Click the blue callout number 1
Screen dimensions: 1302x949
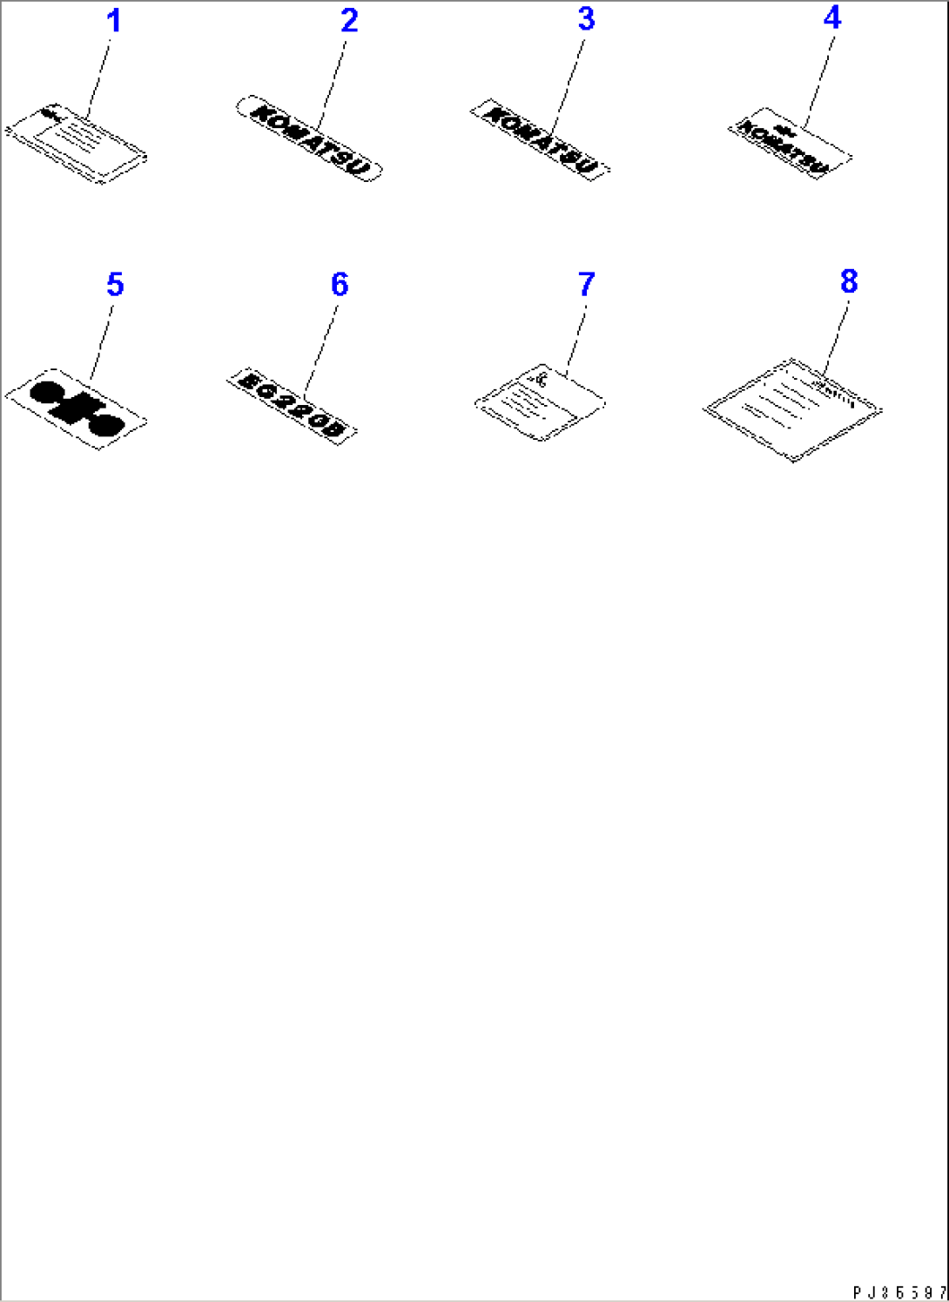(x=114, y=21)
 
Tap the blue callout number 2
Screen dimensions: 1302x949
(x=349, y=21)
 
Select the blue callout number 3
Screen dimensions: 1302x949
(x=587, y=19)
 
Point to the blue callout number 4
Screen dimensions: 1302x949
(x=832, y=17)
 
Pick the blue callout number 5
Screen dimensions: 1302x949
(x=115, y=285)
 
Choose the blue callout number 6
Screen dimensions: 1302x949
(x=340, y=285)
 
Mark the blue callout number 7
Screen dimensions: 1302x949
(x=587, y=285)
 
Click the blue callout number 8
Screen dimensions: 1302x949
(x=849, y=281)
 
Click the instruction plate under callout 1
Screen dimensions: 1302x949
(x=76, y=145)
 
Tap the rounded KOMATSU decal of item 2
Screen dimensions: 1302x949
(x=309, y=138)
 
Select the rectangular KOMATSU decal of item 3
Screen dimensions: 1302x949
(x=540, y=139)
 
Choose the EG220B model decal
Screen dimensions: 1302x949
(x=292, y=405)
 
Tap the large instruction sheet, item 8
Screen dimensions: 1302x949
(x=792, y=409)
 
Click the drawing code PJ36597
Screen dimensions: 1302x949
(x=899, y=1292)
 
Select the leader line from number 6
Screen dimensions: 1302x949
(x=321, y=345)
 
